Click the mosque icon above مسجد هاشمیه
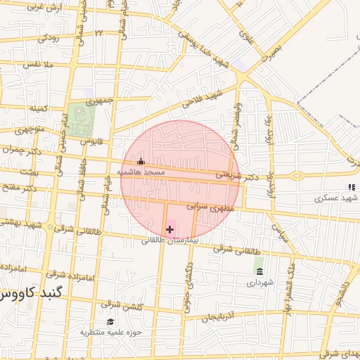pos(141,161)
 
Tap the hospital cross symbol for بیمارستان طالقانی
pos(169,229)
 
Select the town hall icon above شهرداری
pos(260,271)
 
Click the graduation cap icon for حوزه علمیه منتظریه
pos(111,321)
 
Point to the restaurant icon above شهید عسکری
pos(350,187)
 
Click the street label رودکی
pos(52,36)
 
